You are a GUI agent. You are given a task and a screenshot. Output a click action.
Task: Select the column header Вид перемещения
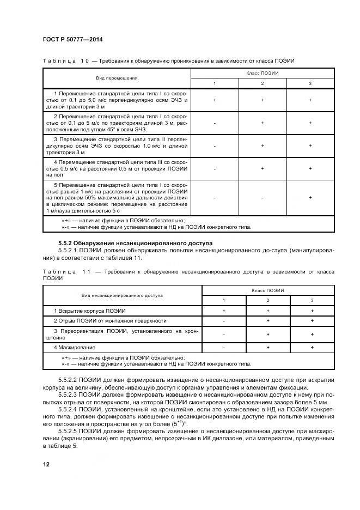pos(117,78)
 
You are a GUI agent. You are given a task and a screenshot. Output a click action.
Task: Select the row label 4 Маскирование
pos(75,347)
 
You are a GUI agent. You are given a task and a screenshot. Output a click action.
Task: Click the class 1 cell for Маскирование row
pos(223,347)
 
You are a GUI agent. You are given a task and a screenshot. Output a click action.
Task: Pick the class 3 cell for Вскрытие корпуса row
pos(312,311)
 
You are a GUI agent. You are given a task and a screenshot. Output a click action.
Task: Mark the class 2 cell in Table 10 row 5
pos(263,197)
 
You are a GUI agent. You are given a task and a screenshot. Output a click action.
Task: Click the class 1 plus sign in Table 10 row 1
pos(215,100)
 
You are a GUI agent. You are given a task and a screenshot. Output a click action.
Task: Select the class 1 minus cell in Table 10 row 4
pos(215,169)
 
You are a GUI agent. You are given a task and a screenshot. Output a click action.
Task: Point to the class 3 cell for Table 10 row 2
pos(310,123)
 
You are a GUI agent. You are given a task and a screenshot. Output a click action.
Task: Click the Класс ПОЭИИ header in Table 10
pos(262,72)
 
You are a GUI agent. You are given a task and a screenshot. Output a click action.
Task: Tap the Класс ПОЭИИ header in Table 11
pos(267,290)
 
